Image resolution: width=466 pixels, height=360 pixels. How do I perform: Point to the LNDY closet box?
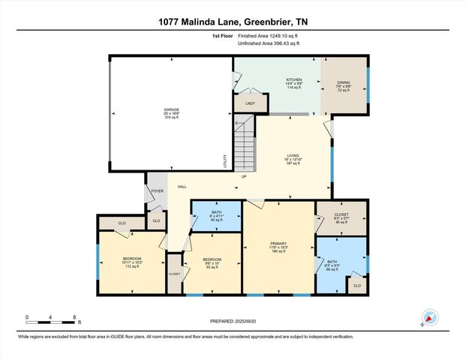pos(245,103)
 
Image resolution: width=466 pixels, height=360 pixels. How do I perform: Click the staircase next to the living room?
pos(244,142)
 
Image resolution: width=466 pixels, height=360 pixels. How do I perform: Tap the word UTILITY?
pos(224,160)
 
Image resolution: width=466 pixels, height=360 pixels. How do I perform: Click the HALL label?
pos(182,187)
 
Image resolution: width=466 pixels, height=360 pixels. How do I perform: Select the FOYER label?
pos(158,191)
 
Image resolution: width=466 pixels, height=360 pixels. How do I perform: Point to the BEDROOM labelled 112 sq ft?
pos(132,262)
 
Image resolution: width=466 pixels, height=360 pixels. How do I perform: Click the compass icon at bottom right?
pos(429,318)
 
